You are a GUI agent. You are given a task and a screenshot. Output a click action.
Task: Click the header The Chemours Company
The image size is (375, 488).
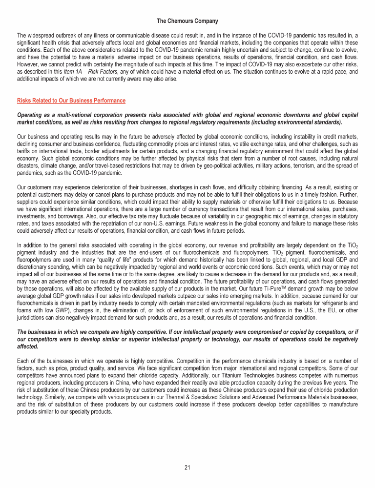187,21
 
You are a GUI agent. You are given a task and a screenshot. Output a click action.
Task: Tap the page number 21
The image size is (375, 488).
187,468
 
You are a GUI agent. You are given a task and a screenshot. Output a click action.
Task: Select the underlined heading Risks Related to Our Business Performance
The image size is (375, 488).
71,101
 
